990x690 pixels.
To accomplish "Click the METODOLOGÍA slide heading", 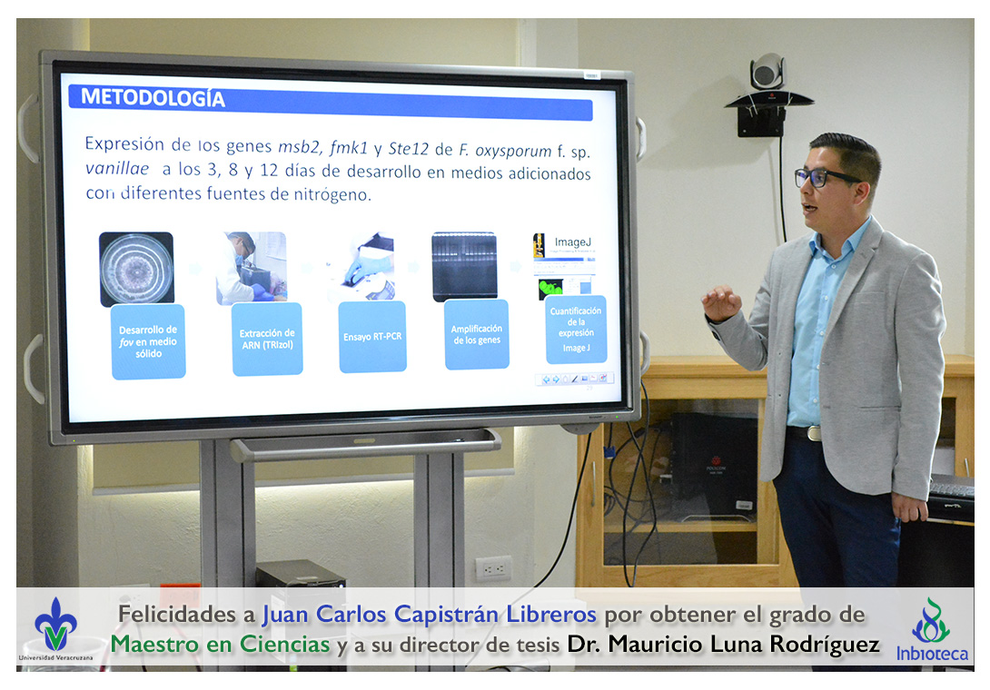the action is click(153, 98).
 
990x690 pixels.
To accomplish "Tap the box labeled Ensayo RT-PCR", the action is click(372, 337).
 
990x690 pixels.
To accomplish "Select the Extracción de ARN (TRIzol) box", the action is click(267, 339).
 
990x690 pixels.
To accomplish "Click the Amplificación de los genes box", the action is click(477, 335).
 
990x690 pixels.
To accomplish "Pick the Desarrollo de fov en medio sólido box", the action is click(148, 341).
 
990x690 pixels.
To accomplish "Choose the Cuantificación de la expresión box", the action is click(576, 330).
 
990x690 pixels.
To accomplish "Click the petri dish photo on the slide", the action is click(136, 269).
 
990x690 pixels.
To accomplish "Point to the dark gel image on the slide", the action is click(465, 266).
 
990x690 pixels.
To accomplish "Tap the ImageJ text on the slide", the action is click(573, 241).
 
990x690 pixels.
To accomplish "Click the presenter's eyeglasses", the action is click(823, 177).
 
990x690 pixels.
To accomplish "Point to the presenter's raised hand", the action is click(722, 303).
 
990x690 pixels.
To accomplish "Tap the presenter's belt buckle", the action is click(814, 433).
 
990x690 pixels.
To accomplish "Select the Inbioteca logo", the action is click(932, 629).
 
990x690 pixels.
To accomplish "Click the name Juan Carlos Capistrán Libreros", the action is click(430, 614).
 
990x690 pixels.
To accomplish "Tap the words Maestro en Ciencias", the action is click(221, 645).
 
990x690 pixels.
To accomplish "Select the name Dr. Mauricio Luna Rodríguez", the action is click(724, 645).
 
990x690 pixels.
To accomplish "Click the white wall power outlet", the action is click(493, 568).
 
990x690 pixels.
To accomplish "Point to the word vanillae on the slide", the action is click(117, 169).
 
